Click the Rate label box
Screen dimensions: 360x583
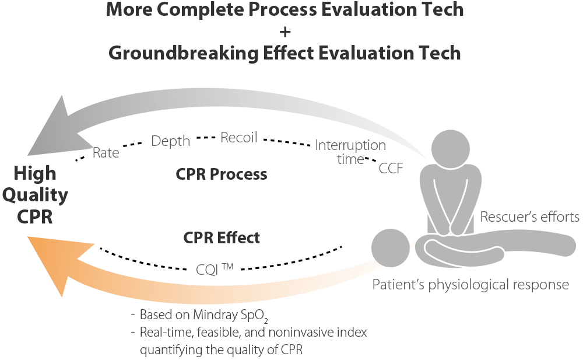point(106,152)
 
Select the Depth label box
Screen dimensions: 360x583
point(170,141)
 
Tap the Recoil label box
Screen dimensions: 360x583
point(238,138)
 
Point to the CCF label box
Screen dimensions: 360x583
point(396,168)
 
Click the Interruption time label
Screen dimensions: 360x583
point(350,152)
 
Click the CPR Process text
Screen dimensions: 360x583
point(221,174)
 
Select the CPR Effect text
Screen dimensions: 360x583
point(222,237)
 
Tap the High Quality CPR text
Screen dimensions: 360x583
point(35,195)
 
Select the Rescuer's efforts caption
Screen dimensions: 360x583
point(529,217)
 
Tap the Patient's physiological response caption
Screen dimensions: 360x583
point(470,285)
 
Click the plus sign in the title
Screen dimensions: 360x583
point(285,31)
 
